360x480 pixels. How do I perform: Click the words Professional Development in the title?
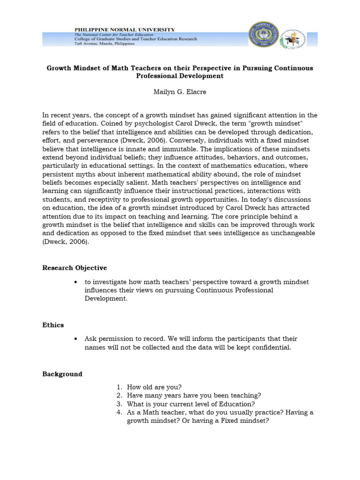tap(180, 75)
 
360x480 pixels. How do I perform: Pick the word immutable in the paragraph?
tap(172, 149)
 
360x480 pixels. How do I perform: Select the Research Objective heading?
tap(75, 268)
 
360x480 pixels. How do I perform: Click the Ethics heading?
tap(53, 325)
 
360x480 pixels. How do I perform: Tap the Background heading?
tap(62, 374)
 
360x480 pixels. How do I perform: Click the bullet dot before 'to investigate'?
tap(75, 282)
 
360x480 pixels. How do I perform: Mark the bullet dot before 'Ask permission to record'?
tap(75, 339)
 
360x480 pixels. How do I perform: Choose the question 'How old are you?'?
tap(154, 387)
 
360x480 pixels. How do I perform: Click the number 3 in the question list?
tap(119, 404)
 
